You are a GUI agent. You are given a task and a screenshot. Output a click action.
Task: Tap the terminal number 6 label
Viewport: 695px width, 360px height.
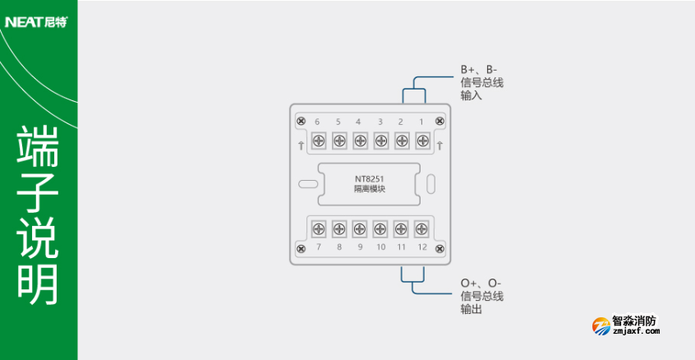pyautogui.click(x=317, y=122)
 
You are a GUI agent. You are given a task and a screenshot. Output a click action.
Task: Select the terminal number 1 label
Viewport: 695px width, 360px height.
pyautogui.click(x=421, y=122)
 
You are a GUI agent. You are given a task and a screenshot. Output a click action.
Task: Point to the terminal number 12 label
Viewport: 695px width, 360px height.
pyautogui.click(x=421, y=247)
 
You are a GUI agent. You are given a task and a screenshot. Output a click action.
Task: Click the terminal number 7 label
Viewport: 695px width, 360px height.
pyautogui.click(x=317, y=247)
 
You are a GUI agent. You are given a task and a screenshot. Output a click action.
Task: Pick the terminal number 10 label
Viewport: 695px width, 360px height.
pyautogui.click(x=380, y=247)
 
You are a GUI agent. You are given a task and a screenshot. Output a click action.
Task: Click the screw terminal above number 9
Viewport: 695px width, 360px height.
pyautogui.click(x=360, y=228)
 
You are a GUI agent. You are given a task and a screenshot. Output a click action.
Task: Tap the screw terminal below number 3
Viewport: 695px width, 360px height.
pyautogui.click(x=380, y=141)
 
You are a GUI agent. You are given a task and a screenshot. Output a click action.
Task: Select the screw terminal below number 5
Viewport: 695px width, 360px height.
pyautogui.click(x=338, y=141)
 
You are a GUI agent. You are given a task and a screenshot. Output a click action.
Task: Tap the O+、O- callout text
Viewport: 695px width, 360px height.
pyautogui.click(x=481, y=284)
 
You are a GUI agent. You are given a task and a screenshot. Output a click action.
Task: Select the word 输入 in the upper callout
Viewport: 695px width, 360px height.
pyautogui.click(x=471, y=95)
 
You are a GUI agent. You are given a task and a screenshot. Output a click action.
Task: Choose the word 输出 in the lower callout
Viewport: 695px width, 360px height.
pyautogui.click(x=471, y=309)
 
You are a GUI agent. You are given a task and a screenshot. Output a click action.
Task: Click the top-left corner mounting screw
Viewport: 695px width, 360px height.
pyautogui.click(x=301, y=122)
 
